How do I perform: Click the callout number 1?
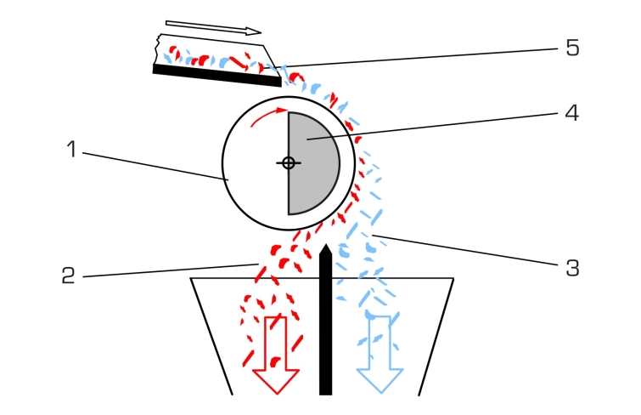coord(71,149)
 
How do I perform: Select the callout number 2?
coord(68,276)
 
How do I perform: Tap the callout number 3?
coord(572,268)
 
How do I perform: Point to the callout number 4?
coord(572,112)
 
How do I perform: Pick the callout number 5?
coord(572,48)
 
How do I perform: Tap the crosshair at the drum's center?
coord(289,163)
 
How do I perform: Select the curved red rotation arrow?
coord(267,115)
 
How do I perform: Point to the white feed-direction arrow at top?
coord(213,27)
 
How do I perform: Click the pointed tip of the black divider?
coord(325,245)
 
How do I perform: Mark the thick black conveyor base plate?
coord(217,76)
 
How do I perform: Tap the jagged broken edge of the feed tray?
coord(157,49)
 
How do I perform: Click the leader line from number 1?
coord(155,167)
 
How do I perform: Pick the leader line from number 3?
coord(464,250)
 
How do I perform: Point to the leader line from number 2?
coord(171,270)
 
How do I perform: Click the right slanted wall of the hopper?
coord(436,337)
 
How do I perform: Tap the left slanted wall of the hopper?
coord(211,337)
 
